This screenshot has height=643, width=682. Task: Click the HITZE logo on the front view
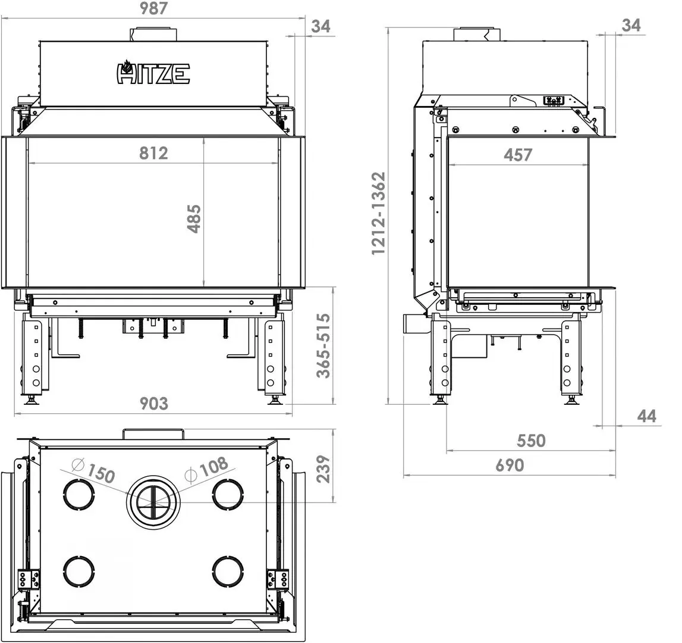(x=153, y=73)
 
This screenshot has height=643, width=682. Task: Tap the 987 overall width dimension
(x=154, y=8)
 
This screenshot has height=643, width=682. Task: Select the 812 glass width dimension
(x=153, y=153)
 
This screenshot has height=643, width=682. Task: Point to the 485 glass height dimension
(x=194, y=219)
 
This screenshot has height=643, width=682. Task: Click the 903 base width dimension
(x=154, y=404)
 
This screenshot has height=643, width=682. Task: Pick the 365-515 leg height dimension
(x=323, y=346)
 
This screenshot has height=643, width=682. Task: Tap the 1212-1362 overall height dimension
(x=378, y=214)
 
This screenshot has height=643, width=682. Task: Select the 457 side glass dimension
(x=517, y=155)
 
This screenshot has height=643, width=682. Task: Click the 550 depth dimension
(x=531, y=441)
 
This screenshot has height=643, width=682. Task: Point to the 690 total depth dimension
(x=510, y=465)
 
